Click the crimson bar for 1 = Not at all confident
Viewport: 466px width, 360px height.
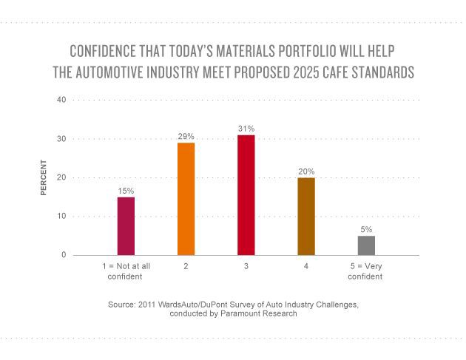click(x=126, y=226)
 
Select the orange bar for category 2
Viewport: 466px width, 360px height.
click(x=186, y=199)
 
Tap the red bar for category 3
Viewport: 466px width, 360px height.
click(x=246, y=195)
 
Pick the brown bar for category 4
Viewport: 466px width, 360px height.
click(x=306, y=217)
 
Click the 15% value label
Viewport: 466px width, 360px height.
click(x=126, y=191)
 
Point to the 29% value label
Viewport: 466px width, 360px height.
click(x=186, y=137)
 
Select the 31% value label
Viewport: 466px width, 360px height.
click(x=246, y=129)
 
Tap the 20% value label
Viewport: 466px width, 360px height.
click(x=306, y=171)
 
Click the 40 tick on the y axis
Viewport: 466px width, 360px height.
click(x=62, y=100)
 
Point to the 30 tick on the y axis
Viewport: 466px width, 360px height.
click(x=62, y=139)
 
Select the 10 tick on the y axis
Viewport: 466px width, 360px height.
click(x=62, y=217)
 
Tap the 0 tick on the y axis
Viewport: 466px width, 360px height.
click(x=64, y=255)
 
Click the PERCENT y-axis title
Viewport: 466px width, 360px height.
click(x=44, y=177)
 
